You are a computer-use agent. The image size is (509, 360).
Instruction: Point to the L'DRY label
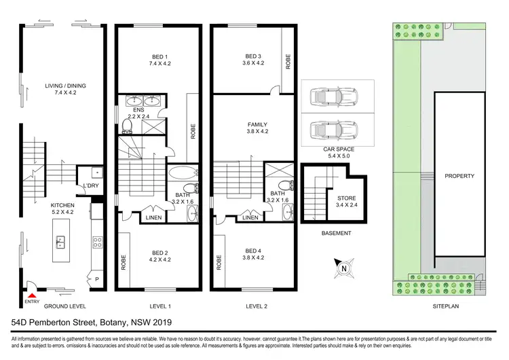pyautogui.click(x=90, y=186)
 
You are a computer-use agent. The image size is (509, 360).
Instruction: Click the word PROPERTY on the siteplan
pyautogui.click(x=459, y=176)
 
